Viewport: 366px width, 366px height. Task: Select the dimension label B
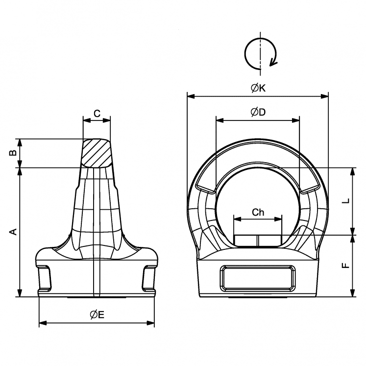tap(14, 153)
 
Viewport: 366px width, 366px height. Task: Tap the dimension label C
tap(97, 114)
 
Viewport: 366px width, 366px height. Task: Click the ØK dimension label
tap(258, 88)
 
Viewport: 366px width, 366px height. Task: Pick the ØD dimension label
tap(258, 112)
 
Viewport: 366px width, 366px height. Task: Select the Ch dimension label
tap(258, 212)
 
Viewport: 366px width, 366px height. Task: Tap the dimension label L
tap(345, 201)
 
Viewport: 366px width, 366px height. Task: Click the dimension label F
tap(345, 266)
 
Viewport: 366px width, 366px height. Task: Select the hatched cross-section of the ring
tap(97, 153)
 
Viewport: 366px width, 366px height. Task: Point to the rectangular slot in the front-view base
tap(258, 278)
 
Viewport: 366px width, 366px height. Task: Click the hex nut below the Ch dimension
tap(258, 240)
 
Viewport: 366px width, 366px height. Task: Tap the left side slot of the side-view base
tap(45, 277)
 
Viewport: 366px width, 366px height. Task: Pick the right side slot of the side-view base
tap(148, 277)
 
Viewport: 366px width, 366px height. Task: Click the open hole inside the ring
tap(258, 196)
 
